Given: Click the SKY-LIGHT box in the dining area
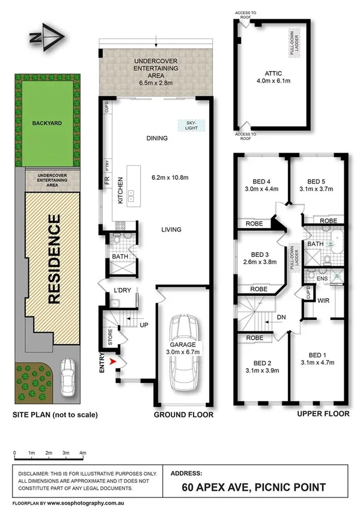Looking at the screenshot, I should click(191, 126).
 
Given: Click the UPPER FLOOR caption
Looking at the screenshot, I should click(323, 414).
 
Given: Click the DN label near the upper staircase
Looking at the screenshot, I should click(280, 317).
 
